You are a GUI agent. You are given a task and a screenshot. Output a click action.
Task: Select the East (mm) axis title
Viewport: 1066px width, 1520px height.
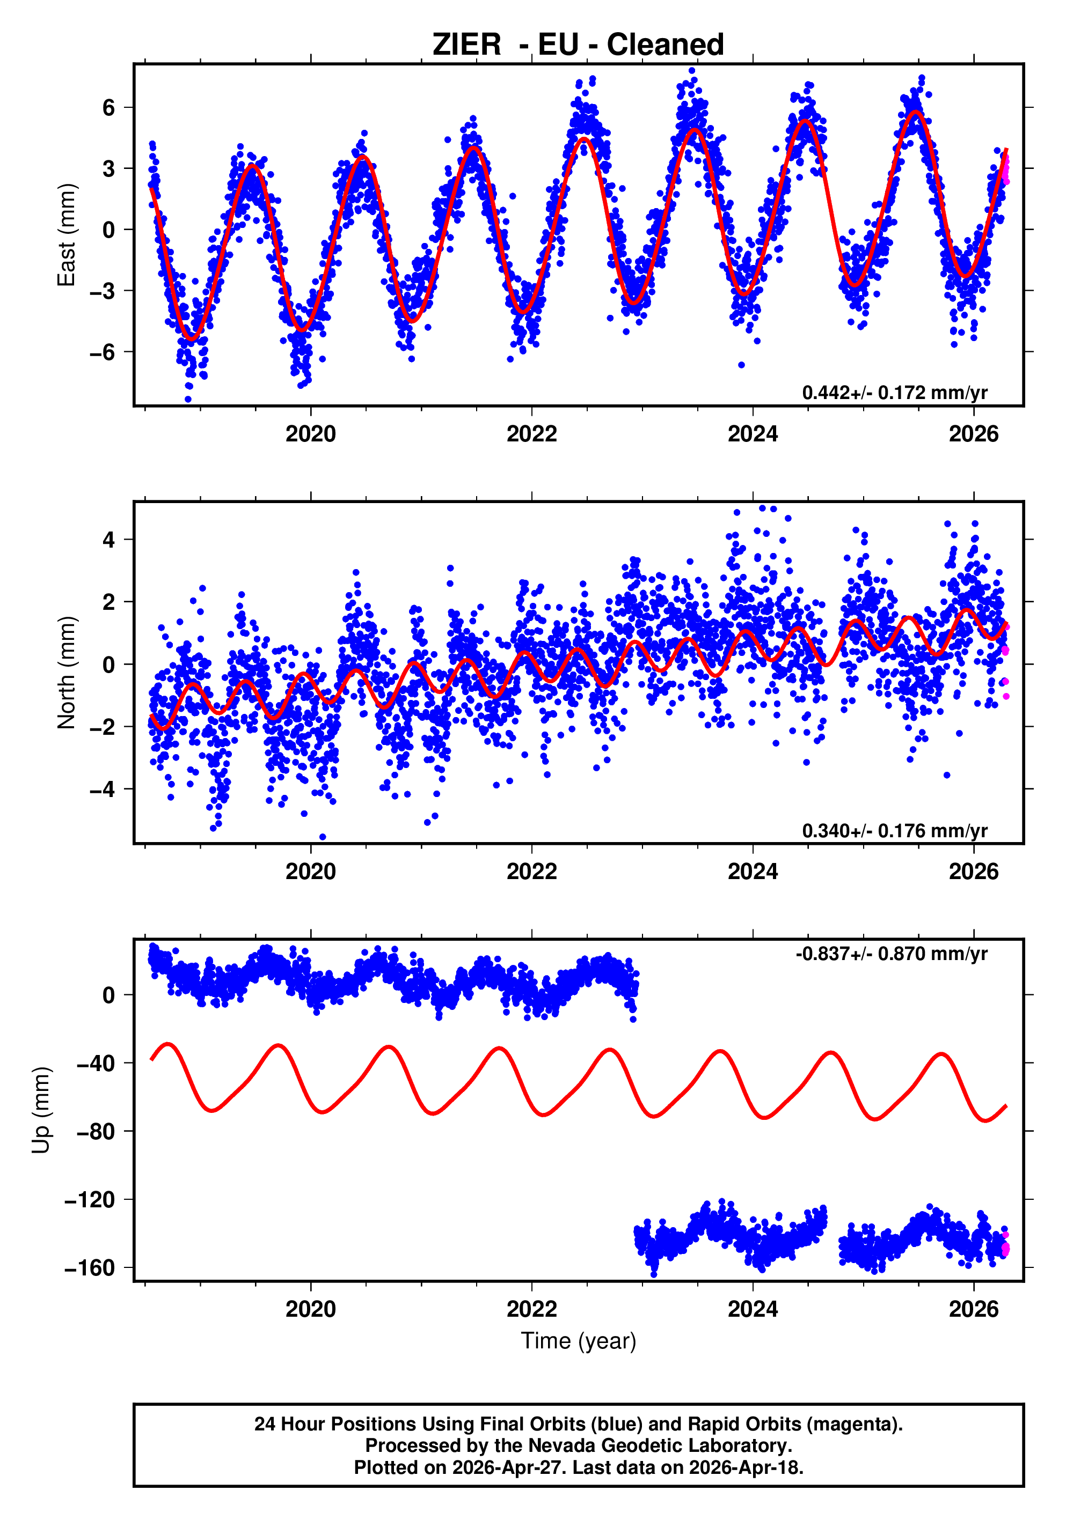[x=66, y=235]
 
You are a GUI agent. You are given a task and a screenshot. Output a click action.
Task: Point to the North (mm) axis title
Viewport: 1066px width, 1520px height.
[x=66, y=673]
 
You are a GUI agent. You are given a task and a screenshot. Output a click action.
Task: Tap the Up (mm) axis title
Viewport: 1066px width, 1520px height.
[x=41, y=1110]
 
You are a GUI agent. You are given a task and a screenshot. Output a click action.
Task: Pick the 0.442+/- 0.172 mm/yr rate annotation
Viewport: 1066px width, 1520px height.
[x=894, y=393]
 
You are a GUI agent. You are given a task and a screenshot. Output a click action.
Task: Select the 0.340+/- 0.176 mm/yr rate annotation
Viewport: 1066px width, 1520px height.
[x=894, y=830]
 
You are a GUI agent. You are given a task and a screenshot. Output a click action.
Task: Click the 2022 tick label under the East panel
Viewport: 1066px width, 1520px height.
[x=531, y=434]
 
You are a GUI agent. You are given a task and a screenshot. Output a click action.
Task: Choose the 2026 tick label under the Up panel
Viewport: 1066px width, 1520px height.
[x=973, y=1309]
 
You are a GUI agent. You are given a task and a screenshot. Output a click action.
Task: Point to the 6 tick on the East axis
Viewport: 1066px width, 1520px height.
[x=108, y=108]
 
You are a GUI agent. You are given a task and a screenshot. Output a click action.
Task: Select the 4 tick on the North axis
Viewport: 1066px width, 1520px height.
[x=108, y=540]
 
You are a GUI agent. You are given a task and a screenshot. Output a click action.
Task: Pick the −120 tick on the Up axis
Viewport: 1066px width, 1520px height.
[x=90, y=1200]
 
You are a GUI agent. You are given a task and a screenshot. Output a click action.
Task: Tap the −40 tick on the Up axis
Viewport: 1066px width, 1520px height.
[x=96, y=1063]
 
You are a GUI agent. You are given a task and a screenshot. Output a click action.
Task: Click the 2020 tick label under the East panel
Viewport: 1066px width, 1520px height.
[x=310, y=434]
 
